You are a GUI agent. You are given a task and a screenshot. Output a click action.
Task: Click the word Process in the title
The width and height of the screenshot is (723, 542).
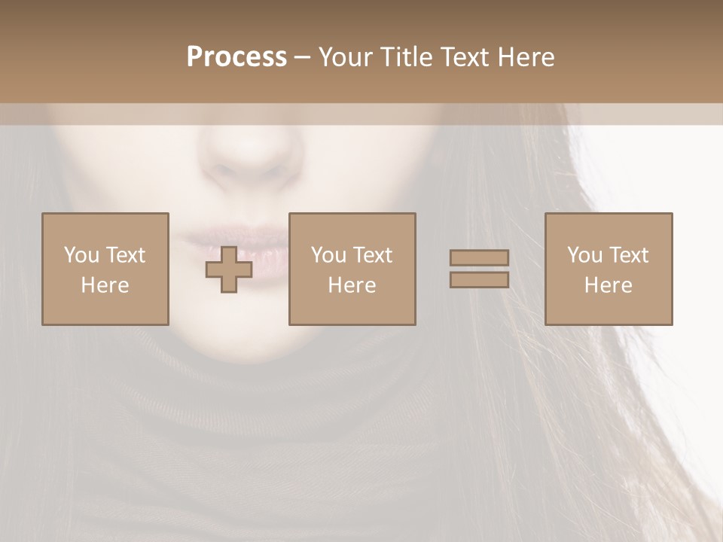(x=236, y=57)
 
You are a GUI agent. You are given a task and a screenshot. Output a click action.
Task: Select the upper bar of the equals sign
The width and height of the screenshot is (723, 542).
(x=479, y=257)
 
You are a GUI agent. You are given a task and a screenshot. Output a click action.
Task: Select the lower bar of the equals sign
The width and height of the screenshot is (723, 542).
(x=479, y=279)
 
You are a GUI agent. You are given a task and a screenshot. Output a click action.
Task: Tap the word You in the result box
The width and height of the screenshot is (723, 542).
(x=584, y=255)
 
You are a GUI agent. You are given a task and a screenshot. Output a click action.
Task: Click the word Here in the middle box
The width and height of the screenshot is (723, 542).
(x=352, y=285)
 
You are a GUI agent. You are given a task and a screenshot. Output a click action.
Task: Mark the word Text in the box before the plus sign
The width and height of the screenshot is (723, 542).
(x=125, y=255)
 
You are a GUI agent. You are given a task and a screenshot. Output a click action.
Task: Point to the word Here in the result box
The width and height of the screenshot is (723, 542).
(x=609, y=285)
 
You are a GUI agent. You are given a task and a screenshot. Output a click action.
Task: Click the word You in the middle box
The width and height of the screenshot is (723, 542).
(x=328, y=255)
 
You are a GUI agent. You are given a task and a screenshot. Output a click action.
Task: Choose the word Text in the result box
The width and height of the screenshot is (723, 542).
(x=628, y=255)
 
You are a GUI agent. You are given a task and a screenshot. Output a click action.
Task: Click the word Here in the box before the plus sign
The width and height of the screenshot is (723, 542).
(x=105, y=285)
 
